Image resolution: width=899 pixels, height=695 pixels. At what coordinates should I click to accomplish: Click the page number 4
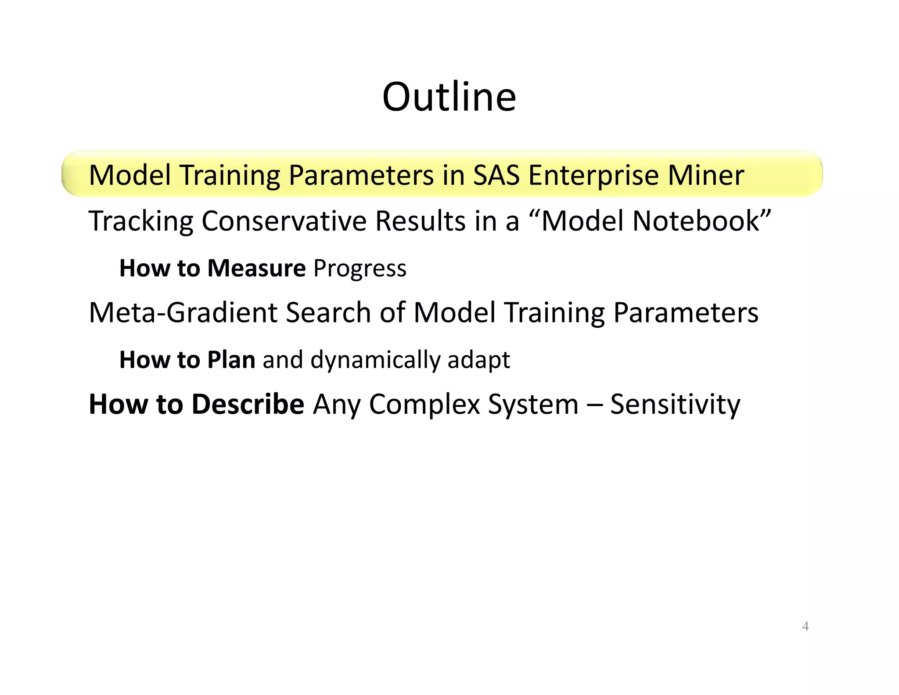pyautogui.click(x=805, y=626)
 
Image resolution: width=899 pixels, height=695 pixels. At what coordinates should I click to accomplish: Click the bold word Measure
pyautogui.click(x=256, y=268)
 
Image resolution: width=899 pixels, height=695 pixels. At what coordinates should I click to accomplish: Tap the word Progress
pyautogui.click(x=360, y=269)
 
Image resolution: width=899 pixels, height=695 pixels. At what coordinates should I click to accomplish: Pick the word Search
pyautogui.click(x=328, y=312)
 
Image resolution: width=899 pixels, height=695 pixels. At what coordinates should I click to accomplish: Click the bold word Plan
pyautogui.click(x=231, y=360)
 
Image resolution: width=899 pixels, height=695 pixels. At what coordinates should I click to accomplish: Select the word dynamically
pyautogui.click(x=375, y=360)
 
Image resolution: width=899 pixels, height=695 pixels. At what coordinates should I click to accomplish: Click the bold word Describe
pyautogui.click(x=248, y=404)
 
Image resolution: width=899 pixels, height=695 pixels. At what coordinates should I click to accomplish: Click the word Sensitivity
pyautogui.click(x=675, y=404)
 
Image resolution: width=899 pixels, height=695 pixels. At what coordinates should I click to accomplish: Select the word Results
pyautogui.click(x=420, y=221)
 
